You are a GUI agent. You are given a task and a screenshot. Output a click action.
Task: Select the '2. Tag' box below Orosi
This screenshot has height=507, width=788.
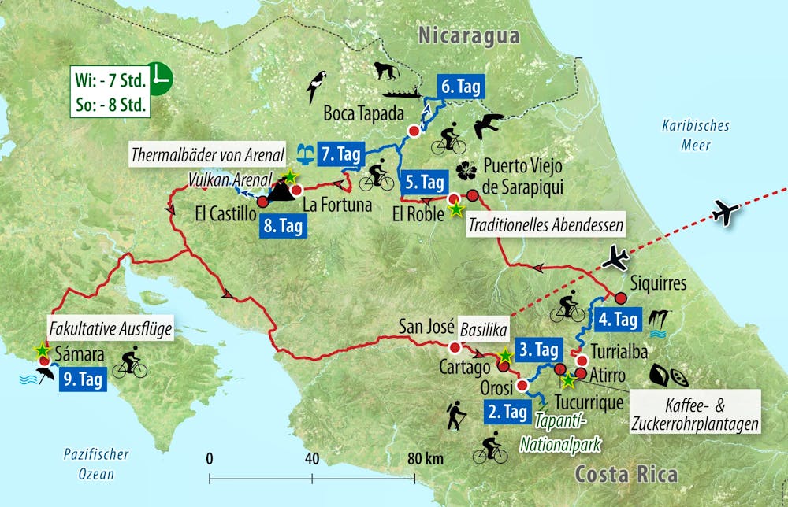[x=504, y=411]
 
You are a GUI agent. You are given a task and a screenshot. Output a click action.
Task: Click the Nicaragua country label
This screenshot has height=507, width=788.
[x=470, y=35]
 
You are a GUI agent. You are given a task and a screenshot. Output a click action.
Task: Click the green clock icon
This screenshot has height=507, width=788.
[x=162, y=77]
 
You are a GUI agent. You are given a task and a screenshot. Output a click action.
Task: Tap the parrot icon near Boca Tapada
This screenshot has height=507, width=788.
[x=318, y=86]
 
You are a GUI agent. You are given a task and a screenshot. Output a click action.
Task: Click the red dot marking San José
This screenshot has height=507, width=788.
[x=455, y=348]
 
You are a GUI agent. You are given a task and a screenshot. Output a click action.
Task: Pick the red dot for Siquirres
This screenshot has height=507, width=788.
[x=620, y=298]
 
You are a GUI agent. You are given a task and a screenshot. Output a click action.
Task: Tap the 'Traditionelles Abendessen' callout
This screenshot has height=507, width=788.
[x=546, y=225]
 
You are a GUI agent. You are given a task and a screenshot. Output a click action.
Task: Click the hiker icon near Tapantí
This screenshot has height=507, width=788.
[x=455, y=416]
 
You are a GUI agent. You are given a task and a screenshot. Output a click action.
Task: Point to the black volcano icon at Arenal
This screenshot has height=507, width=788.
[x=278, y=190]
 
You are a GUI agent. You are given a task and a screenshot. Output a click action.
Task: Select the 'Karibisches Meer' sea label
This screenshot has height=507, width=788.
[x=695, y=135]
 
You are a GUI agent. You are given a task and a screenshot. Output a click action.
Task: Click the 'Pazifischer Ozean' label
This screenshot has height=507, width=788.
[x=97, y=464]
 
